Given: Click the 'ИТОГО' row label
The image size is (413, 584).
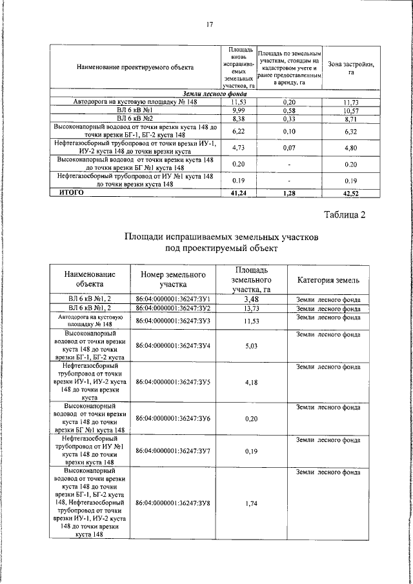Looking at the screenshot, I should pos(72,192).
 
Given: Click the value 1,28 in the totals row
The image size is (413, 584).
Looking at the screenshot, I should pos(288,192).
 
